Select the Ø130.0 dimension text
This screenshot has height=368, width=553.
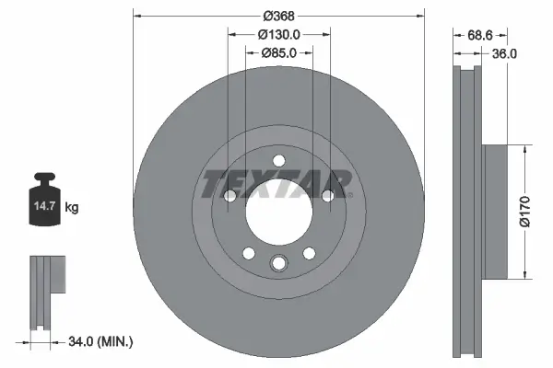tap(279, 34)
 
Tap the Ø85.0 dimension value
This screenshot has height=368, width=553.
tap(279, 52)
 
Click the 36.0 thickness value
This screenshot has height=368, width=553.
tap(504, 52)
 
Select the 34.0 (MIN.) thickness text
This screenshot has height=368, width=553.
tap(100, 342)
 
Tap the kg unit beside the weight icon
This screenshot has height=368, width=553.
tap(72, 209)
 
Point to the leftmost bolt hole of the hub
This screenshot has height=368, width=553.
tap(230, 195)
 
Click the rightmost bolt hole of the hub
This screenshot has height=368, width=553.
tap(327, 195)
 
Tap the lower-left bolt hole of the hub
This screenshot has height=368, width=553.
tap(248, 254)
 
